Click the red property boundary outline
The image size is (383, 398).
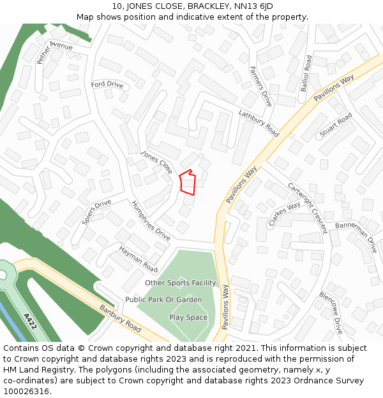click(186, 182)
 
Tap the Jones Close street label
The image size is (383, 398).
click(156, 163)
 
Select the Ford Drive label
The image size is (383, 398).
click(107, 85)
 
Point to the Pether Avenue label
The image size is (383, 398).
click(54, 50)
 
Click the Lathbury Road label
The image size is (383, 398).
click(259, 123)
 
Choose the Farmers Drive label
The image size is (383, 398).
click(260, 86)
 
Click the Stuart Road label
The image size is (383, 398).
click(336, 125)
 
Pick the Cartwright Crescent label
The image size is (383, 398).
click(307, 208)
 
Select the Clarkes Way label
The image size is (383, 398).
click(284, 214)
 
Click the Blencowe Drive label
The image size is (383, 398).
click(331, 313)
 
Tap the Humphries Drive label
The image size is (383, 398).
click(151, 220)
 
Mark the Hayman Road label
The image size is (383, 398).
click(138, 259)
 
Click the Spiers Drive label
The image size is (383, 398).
click(96, 212)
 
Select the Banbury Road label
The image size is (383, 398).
click(120, 317)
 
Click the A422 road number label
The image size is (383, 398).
click(30, 322)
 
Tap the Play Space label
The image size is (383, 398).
click(188, 317)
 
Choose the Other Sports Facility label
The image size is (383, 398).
click(181, 283)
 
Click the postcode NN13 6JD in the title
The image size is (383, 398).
click(250, 6)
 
